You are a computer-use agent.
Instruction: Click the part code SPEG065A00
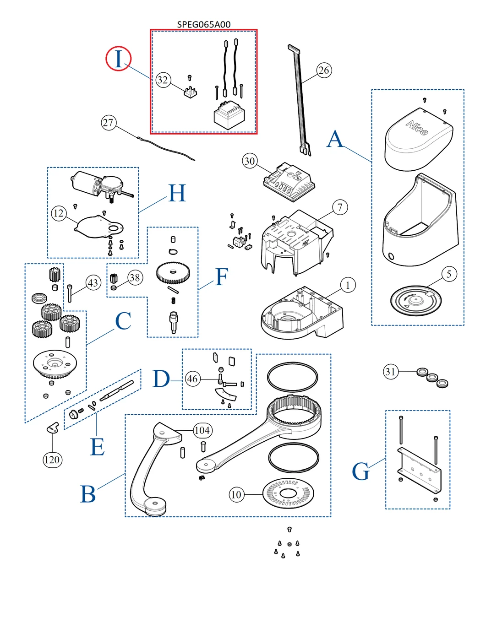[204, 24]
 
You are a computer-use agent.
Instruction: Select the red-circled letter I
[119, 59]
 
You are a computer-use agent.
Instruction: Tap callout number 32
[163, 80]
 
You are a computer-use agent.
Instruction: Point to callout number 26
[324, 70]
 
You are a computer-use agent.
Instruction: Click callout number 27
[108, 123]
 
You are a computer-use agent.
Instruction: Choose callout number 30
[250, 161]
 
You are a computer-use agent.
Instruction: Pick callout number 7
[340, 207]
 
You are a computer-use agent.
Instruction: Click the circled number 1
[348, 285]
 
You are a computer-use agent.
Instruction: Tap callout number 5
[449, 274]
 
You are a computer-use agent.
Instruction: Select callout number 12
[59, 213]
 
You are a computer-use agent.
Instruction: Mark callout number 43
[93, 283]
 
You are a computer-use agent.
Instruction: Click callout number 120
[52, 460]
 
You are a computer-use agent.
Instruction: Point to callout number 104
[202, 430]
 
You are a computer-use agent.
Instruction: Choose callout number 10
[236, 494]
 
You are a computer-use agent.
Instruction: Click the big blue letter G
[360, 471]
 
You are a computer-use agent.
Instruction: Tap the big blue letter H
[177, 194]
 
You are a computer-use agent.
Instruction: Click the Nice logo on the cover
[417, 128]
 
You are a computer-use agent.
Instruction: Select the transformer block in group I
[229, 114]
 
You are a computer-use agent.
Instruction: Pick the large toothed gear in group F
[173, 273]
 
